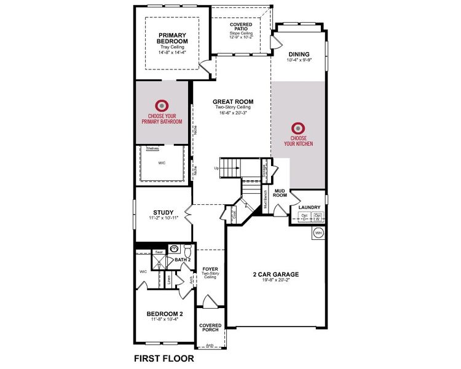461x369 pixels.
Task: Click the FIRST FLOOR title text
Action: pos(164,357)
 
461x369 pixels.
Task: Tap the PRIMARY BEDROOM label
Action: pos(172,38)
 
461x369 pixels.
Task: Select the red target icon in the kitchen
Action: pos(298,129)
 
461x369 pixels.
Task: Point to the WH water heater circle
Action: pos(318,233)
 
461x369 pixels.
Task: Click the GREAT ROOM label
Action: pos(233,102)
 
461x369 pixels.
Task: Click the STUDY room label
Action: pos(163,212)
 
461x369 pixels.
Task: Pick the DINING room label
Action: pos(299,54)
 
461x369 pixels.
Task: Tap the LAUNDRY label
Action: pos(309,207)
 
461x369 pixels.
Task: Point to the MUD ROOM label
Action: pos(281,193)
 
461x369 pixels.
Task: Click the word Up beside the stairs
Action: pos(216,168)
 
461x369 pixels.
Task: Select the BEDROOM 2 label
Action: pos(164,314)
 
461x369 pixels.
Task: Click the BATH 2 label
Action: pos(183,260)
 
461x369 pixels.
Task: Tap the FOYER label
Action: pos(211,269)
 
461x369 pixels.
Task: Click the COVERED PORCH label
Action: pos(210,327)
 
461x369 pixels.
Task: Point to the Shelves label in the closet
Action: pos(152,148)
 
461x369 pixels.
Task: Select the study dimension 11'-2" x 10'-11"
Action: pos(163,218)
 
